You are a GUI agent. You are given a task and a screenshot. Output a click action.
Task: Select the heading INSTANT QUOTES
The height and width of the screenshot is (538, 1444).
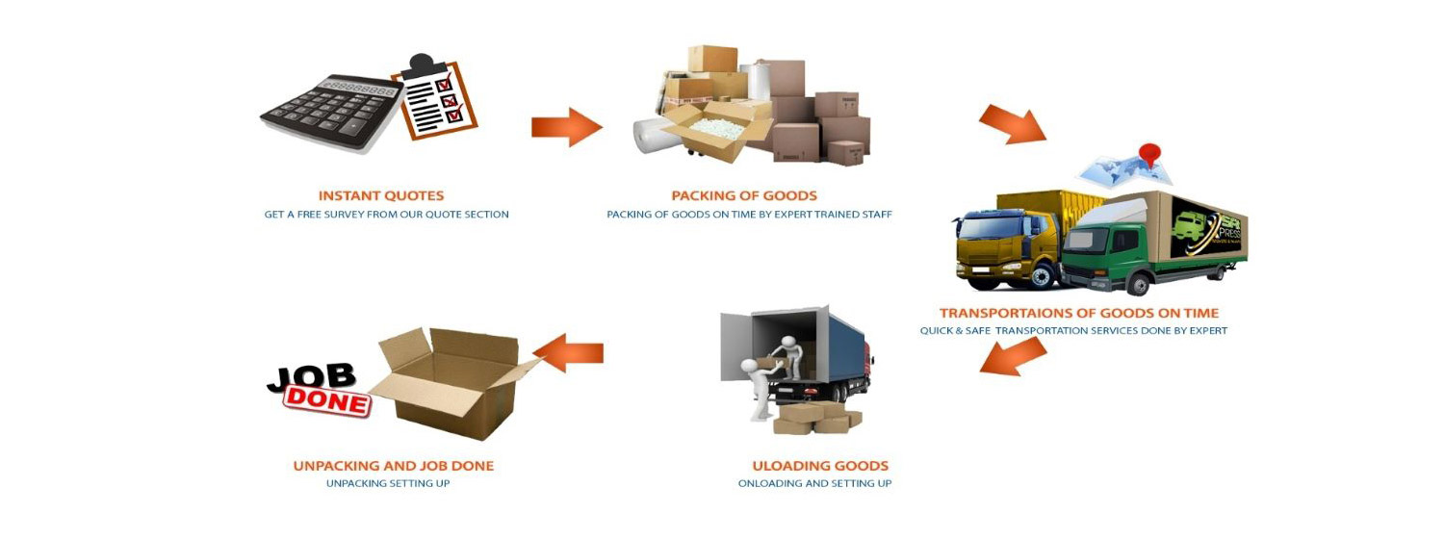coord(381,195)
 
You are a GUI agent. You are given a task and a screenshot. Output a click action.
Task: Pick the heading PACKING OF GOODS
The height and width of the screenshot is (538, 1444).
coord(744,195)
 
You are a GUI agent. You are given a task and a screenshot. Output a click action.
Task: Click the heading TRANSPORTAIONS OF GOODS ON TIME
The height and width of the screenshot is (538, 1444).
coord(1078,313)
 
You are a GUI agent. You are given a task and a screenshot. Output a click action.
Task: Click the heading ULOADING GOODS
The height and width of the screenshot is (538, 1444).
coord(820,466)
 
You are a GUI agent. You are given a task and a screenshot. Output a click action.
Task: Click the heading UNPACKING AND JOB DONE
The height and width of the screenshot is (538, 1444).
coord(393,466)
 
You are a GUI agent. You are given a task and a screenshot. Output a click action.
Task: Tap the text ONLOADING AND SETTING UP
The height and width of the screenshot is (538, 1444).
coord(814,483)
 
